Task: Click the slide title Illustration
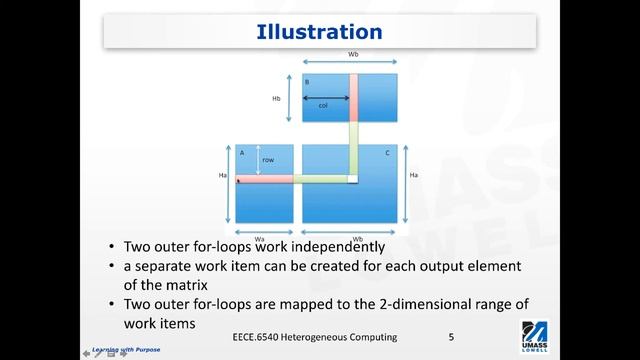pos(320,33)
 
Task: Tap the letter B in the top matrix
pos(308,81)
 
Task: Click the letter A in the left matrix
pos(242,152)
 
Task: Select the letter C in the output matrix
pos(387,152)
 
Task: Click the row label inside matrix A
pos(268,159)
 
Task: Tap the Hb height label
pos(276,98)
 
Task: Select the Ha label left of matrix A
pos(225,177)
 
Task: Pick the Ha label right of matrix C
pos(413,177)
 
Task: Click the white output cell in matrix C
pos(353,179)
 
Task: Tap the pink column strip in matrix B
pos(353,96)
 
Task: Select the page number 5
pos(452,337)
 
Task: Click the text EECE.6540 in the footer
pos(256,337)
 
